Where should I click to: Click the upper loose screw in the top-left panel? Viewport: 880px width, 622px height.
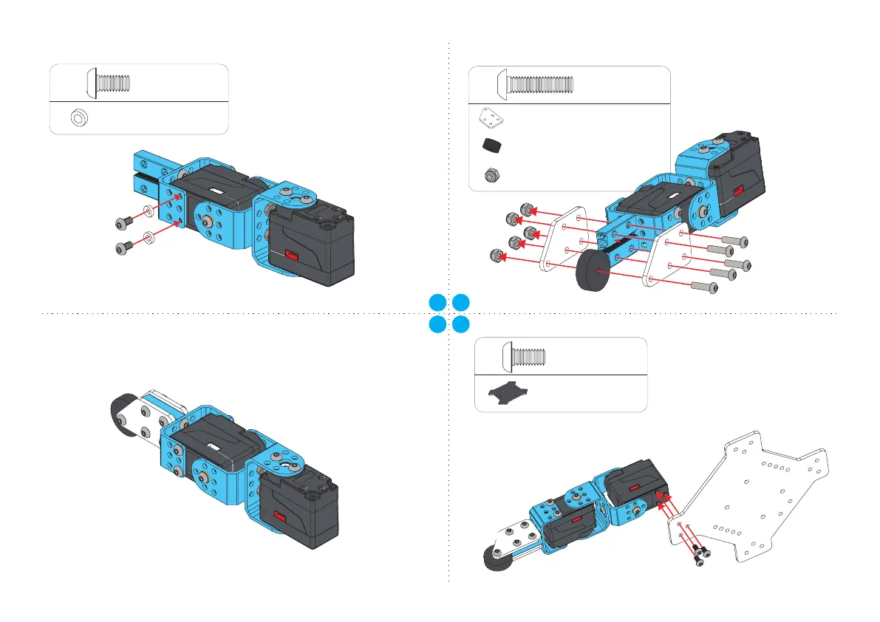[x=123, y=221]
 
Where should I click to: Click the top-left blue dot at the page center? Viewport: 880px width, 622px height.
[x=437, y=301]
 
